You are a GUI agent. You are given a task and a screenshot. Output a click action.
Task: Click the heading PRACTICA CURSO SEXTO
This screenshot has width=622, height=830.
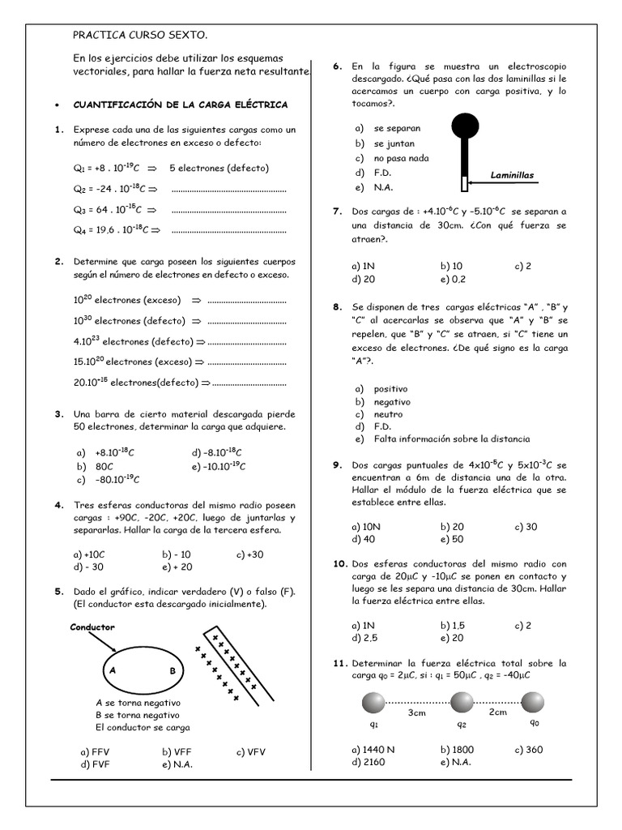click(x=140, y=35)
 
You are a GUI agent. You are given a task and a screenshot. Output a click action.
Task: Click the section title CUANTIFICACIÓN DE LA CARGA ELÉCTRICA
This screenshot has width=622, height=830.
click(x=180, y=105)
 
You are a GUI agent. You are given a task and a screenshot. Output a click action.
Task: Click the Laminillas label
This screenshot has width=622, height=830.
click(x=512, y=175)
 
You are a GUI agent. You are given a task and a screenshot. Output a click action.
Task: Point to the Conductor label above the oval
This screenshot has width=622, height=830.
click(x=92, y=627)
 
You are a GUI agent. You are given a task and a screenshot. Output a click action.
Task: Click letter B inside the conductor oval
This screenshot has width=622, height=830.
click(x=173, y=671)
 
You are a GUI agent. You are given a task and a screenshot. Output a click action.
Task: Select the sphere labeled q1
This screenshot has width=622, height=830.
click(x=373, y=702)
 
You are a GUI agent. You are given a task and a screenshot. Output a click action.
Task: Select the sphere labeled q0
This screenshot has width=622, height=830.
click(x=533, y=702)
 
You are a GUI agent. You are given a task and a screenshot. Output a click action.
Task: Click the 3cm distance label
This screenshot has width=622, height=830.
click(x=416, y=712)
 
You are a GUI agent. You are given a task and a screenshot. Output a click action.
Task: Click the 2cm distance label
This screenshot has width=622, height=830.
click(x=496, y=712)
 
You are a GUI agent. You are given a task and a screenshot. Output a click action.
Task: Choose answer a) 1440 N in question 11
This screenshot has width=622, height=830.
click(x=373, y=750)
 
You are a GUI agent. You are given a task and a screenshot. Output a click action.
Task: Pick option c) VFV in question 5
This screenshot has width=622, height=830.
click(x=251, y=751)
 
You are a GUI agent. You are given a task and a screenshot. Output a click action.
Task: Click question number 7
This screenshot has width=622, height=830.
click(x=337, y=211)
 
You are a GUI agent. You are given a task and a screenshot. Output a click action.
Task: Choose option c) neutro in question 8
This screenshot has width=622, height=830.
click(x=384, y=414)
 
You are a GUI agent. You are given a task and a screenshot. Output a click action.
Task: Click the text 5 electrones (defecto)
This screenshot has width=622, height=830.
click(x=219, y=168)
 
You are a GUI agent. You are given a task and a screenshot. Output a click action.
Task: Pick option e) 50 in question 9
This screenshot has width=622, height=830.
click(x=451, y=539)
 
